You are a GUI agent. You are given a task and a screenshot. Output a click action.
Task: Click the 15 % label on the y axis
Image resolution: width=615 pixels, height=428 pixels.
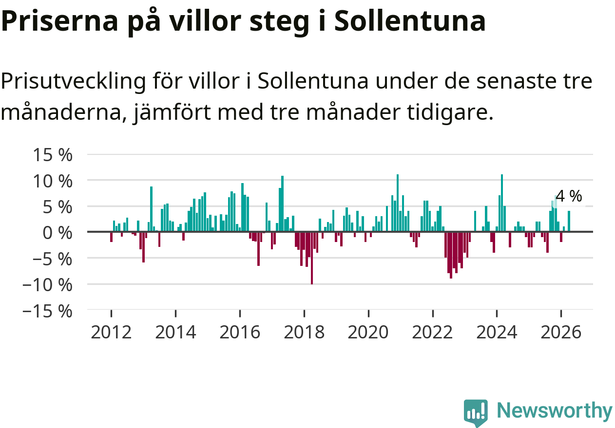[53, 155]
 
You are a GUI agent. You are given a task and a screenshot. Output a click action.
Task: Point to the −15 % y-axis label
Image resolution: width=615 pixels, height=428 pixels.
[47, 312]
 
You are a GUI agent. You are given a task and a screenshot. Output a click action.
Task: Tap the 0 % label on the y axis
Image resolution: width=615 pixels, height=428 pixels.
[58, 233]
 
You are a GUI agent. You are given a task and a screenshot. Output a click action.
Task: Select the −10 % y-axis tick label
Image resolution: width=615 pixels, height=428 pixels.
[47, 285]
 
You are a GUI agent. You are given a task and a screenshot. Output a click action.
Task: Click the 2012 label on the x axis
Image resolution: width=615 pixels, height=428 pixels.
[111, 332]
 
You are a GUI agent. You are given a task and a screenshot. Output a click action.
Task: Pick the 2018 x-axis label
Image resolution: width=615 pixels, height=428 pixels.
[304, 332]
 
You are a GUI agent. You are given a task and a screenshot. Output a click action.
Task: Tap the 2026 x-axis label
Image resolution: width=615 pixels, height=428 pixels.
[561, 332]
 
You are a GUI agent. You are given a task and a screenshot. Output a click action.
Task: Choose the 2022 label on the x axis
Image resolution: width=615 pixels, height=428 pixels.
[432, 332]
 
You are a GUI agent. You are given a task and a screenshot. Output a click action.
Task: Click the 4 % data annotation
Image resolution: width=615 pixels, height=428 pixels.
[569, 196]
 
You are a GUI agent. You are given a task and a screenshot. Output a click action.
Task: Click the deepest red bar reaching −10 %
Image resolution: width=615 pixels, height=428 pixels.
[312, 258]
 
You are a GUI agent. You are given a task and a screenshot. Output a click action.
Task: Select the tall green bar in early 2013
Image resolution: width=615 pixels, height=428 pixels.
[151, 209]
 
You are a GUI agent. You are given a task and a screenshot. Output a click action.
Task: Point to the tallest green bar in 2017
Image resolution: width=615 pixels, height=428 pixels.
[283, 204]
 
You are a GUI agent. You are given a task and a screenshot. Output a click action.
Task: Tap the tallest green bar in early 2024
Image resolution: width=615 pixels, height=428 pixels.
[502, 203]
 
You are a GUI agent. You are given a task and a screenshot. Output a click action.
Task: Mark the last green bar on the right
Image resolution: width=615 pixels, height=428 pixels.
[569, 221]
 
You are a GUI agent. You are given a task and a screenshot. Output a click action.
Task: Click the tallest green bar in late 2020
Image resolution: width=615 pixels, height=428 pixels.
[398, 203]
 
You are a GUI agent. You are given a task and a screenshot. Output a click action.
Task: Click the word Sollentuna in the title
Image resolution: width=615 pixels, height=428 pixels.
[410, 21]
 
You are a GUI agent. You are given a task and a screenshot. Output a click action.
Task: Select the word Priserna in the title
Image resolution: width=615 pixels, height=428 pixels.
[59, 21]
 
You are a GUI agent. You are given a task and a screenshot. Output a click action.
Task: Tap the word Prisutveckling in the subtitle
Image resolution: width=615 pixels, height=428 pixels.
[73, 81]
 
